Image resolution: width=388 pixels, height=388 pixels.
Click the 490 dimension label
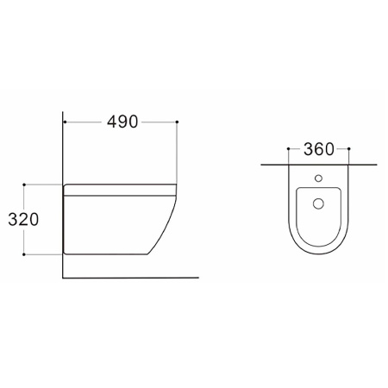122,122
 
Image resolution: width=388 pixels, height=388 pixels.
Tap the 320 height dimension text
23,220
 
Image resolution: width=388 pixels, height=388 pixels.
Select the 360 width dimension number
319,149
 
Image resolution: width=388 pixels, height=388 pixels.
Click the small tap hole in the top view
318,178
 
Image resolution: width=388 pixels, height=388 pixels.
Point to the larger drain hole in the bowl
318,203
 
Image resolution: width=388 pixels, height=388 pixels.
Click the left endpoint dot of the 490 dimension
65,122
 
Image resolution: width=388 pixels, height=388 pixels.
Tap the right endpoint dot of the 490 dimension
177,122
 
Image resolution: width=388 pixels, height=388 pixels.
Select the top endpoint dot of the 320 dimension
24,185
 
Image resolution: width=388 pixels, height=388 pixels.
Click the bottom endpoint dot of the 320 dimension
24,254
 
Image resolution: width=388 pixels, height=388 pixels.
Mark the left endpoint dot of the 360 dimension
288,148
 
